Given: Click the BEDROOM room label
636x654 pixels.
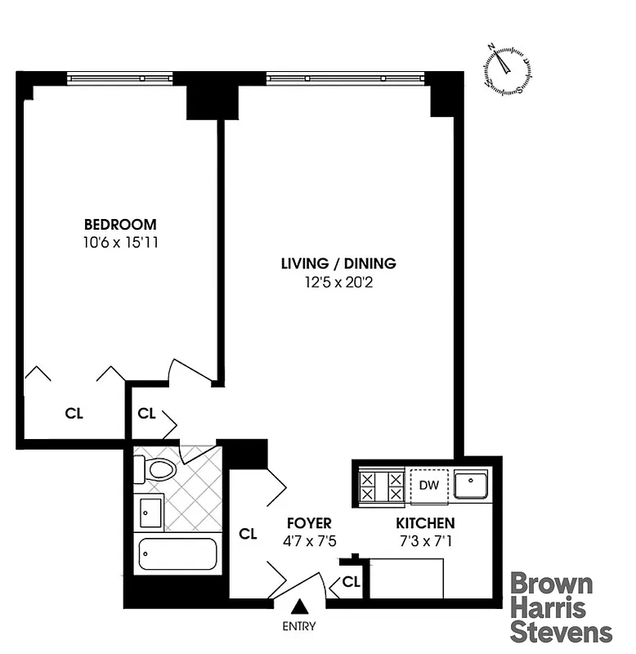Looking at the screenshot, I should pyautogui.click(x=120, y=225).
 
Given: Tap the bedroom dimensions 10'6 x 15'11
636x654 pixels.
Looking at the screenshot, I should pyautogui.click(x=120, y=243).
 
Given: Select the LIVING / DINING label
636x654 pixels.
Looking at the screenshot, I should pyautogui.click(x=338, y=264).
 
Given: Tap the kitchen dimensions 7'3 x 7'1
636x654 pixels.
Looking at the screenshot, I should pyautogui.click(x=425, y=540).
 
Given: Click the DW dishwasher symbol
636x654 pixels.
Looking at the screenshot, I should pyautogui.click(x=429, y=485).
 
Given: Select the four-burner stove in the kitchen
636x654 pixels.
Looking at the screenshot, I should pyautogui.click(x=382, y=486).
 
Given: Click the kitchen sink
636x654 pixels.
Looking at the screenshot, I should pyautogui.click(x=473, y=485).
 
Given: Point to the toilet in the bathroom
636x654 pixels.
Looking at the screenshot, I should pyautogui.click(x=157, y=469).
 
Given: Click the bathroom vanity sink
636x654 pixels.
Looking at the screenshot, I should pyautogui.click(x=150, y=513).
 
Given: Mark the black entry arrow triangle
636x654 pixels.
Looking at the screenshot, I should pyautogui.click(x=300, y=607).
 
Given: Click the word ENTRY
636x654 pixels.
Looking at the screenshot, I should pyautogui.click(x=299, y=627).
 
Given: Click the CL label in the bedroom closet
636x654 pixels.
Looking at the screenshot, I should pyautogui.click(x=74, y=413).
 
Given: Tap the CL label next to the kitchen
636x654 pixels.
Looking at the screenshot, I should pyautogui.click(x=352, y=582).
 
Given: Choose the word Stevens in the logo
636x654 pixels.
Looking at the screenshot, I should pyautogui.click(x=561, y=632).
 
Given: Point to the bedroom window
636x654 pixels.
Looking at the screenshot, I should pyautogui.click(x=120, y=78).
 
